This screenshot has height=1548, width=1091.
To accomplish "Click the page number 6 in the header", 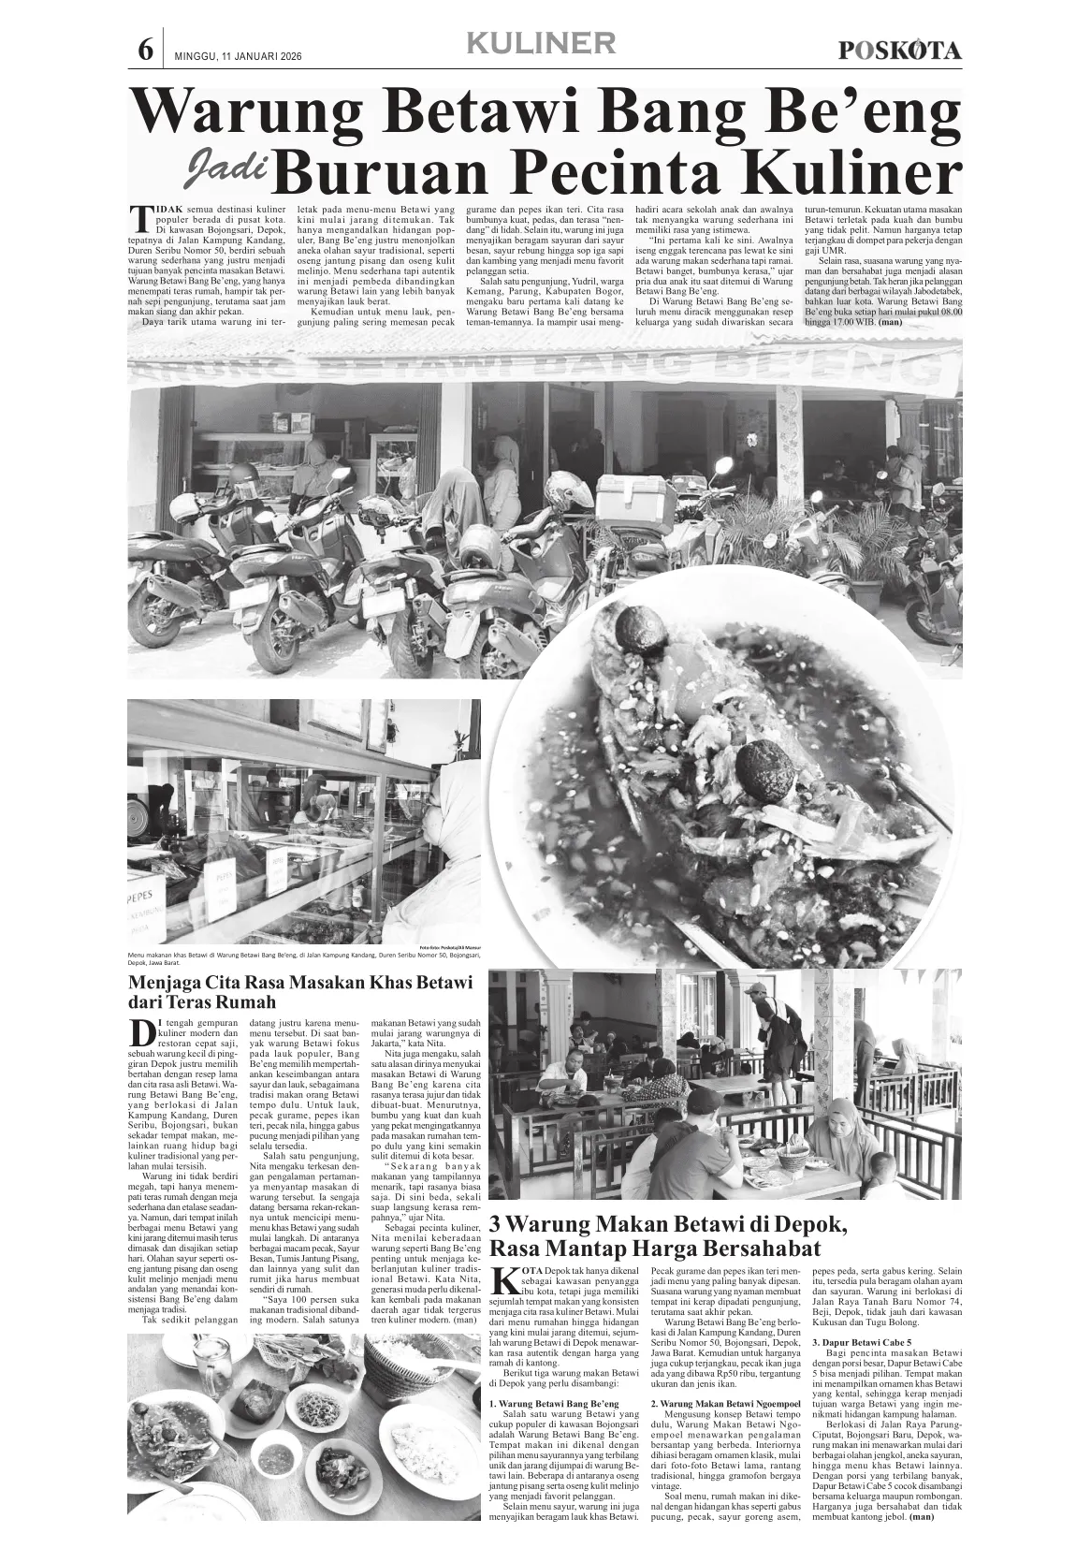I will click(145, 50).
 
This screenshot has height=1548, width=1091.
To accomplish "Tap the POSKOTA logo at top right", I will click(899, 51).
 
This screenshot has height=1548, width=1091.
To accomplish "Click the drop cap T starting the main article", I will click(140, 217).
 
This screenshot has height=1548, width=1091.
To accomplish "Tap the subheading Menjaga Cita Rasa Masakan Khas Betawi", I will click(299, 982).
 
